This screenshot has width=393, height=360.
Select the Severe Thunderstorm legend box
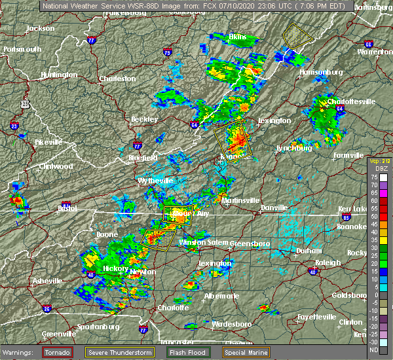tap(120, 353)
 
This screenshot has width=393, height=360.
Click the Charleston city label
tap(117, 79)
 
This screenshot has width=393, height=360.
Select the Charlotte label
tap(174, 307)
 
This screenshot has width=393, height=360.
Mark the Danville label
tap(274, 207)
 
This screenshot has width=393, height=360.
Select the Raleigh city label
tap(327, 262)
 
